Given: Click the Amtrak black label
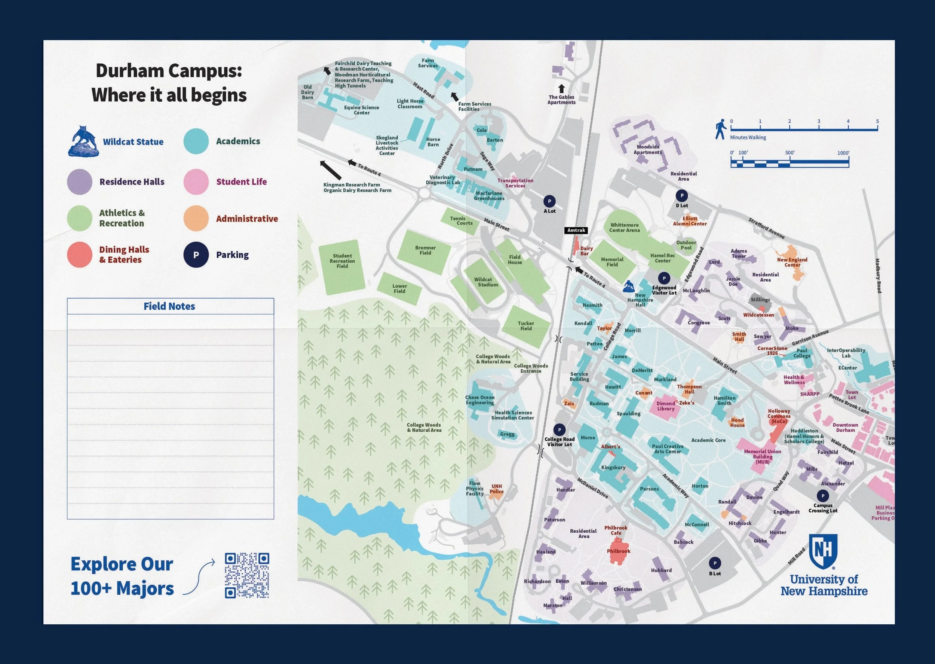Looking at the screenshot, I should (x=576, y=230).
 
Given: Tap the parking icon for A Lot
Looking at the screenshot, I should (x=549, y=201).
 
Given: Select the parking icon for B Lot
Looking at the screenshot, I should (x=715, y=563).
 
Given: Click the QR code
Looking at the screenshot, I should (x=247, y=575).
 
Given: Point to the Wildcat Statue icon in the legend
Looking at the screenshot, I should (x=83, y=141).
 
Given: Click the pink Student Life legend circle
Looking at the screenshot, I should (x=196, y=181).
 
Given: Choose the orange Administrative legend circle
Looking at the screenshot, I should (x=196, y=218).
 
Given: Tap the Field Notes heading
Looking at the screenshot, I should (x=169, y=306).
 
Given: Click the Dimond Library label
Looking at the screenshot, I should (x=666, y=406).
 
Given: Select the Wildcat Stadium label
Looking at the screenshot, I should (x=486, y=282).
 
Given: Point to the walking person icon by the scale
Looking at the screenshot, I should (x=720, y=129).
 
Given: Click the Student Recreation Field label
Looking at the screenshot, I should (x=342, y=261).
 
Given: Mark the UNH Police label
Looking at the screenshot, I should (x=497, y=489).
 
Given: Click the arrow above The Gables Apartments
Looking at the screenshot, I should (x=561, y=88).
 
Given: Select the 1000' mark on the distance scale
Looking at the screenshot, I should (x=843, y=153).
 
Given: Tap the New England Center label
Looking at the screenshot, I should (x=792, y=262).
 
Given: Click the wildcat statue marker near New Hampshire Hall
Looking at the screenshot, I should (x=628, y=286).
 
